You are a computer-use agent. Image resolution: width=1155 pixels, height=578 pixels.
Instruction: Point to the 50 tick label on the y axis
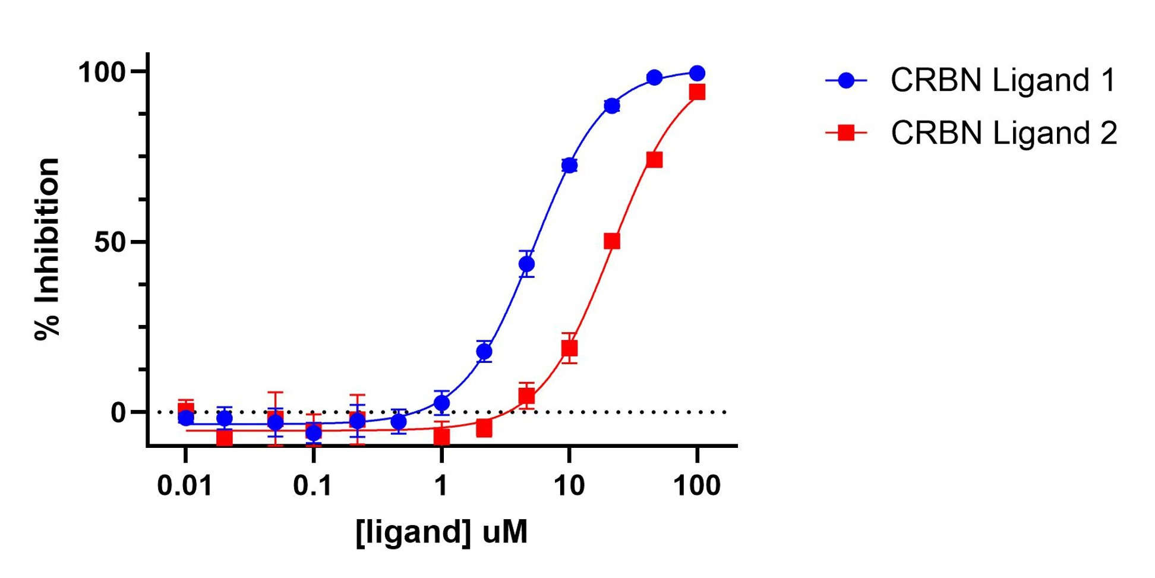pos(111,242)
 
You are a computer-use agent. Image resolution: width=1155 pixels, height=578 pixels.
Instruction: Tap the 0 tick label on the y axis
pos(119,413)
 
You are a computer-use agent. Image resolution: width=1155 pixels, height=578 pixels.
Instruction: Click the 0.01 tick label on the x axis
pos(185,485)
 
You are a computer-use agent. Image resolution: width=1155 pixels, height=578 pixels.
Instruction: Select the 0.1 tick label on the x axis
pos(313,485)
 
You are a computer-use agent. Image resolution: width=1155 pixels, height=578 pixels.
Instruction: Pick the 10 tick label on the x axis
pos(569,485)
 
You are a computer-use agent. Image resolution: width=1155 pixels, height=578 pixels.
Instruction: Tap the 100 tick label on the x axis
pos(696,485)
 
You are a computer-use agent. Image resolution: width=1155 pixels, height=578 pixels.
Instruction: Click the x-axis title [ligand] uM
pos(441,532)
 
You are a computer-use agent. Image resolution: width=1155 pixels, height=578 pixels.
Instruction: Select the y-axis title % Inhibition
pos(48,249)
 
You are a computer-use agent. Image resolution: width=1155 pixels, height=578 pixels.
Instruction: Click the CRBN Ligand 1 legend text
pos(1003,80)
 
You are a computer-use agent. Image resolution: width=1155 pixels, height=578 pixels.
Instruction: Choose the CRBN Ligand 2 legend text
pos(1003,132)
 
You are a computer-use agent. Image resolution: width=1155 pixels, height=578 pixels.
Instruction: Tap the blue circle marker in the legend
pos(846,80)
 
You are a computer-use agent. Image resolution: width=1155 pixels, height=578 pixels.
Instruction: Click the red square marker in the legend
pos(846,132)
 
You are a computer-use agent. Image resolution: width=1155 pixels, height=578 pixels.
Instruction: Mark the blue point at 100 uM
pos(697,73)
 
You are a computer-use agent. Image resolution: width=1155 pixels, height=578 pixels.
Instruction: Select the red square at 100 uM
pos(697,92)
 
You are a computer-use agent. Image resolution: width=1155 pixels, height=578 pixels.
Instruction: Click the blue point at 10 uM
pos(569,165)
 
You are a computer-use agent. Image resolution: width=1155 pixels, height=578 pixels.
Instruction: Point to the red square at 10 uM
pos(569,348)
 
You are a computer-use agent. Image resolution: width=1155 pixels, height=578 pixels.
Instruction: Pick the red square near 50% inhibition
pos(612,241)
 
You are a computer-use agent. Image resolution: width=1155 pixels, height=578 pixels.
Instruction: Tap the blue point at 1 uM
pos(441,403)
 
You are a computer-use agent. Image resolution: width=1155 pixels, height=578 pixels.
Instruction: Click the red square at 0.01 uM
pos(186,409)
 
